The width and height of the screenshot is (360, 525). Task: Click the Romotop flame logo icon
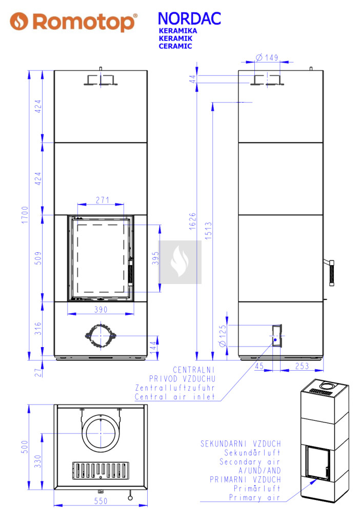(x=18, y=22)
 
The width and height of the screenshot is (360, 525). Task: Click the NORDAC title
(x=189, y=19)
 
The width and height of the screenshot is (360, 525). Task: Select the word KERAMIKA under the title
(x=178, y=31)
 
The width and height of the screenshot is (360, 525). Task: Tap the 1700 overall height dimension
(x=25, y=215)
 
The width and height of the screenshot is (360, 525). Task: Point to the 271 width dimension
(x=103, y=200)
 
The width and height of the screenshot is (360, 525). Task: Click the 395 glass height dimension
(x=155, y=258)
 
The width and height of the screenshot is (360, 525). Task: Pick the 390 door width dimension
(x=101, y=309)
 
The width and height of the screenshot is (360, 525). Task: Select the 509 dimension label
(x=38, y=258)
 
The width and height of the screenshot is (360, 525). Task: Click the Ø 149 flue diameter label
(x=267, y=57)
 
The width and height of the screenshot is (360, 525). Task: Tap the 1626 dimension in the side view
(x=192, y=221)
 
